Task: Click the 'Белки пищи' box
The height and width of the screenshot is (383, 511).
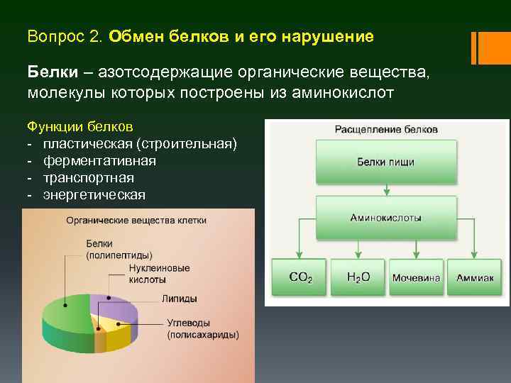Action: [x=385, y=162]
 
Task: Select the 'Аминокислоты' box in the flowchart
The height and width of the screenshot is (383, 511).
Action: [x=385, y=218]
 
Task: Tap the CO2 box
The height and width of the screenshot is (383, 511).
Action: [x=300, y=277]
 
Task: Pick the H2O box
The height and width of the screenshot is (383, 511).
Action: [x=358, y=277]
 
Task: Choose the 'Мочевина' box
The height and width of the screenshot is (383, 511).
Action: [x=416, y=277]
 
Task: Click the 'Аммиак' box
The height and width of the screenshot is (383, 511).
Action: [x=475, y=277]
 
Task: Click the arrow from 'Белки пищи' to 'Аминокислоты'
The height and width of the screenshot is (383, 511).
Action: [x=385, y=189]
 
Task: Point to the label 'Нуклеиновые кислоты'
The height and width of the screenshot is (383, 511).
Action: [x=159, y=274]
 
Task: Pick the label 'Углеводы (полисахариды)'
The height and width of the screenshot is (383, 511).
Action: [x=202, y=328]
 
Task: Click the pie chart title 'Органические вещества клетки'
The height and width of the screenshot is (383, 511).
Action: [x=136, y=220]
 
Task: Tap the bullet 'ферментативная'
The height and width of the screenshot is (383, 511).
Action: [x=99, y=161]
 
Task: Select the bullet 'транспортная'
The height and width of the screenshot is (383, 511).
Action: [x=88, y=178]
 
